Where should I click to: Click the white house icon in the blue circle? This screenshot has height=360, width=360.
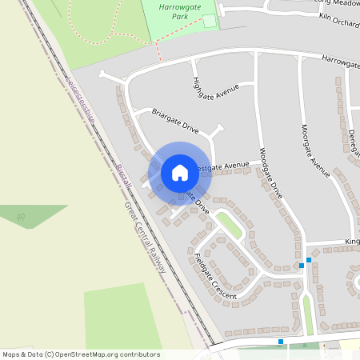(x=180, y=172)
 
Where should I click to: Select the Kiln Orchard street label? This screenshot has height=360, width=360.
(x=338, y=19)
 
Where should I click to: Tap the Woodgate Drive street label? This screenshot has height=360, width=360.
(x=271, y=172)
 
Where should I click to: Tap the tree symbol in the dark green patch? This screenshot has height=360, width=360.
(x=21, y=216)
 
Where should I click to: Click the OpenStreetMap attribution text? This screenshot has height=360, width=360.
(x=81, y=354)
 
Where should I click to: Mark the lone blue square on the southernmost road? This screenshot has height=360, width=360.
(x=281, y=342)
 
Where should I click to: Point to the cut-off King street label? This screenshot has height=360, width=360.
(x=352, y=241)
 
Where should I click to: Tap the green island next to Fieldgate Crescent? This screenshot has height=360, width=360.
(x=229, y=225)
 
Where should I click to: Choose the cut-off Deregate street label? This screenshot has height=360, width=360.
(x=352, y=143)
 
